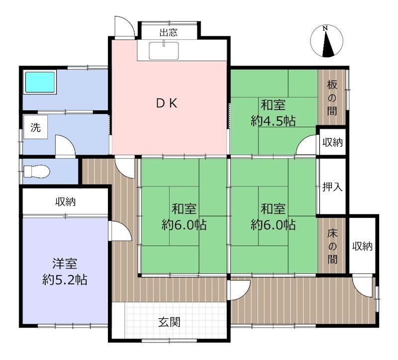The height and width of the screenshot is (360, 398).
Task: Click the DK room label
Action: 167,103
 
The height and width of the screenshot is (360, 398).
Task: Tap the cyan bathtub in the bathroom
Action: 40,82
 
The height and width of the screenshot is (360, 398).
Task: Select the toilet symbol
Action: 36,171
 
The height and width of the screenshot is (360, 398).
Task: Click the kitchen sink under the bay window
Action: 164,51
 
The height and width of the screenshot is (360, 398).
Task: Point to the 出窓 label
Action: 169,32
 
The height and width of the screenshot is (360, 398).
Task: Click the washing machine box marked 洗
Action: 35,127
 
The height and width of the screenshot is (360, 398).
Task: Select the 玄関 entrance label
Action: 169,322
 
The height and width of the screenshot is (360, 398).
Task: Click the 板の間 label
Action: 332,97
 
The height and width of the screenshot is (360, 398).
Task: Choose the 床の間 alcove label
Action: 332,246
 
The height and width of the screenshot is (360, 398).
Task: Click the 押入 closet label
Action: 332,187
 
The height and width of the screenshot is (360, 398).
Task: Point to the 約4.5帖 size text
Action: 273,121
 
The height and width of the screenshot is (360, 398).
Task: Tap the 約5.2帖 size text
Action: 65,280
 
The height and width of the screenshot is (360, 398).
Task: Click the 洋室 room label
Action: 65,264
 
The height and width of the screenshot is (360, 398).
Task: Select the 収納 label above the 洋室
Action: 66,202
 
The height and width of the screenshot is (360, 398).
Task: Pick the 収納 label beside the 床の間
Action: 362,246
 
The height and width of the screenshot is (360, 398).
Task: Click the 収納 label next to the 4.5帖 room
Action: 332,142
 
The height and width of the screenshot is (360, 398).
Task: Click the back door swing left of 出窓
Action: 124,26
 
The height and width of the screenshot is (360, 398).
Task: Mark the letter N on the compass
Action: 325,28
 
